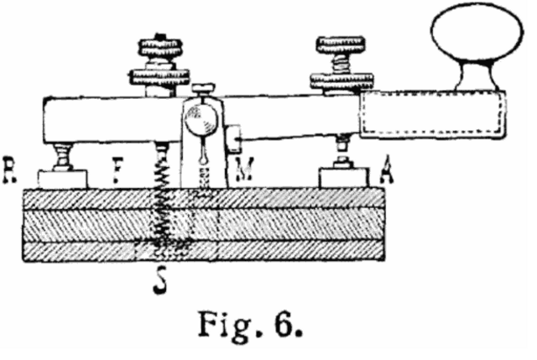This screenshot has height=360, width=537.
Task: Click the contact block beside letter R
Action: tap(62, 177)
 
